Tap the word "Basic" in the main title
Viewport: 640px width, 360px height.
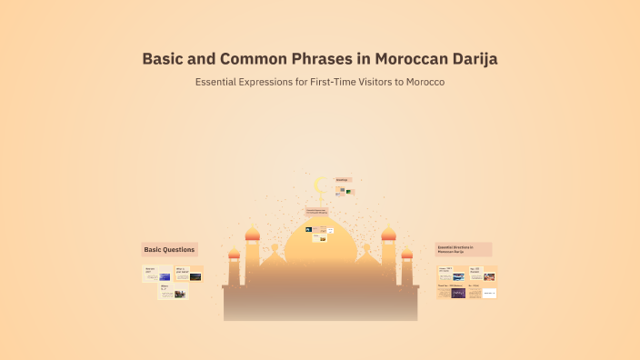164,59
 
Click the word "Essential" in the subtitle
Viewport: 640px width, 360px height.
221,82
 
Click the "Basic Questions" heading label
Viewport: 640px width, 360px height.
169,249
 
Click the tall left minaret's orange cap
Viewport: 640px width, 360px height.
253,234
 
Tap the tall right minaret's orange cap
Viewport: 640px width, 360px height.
388,234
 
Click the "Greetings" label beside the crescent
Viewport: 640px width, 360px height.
343,180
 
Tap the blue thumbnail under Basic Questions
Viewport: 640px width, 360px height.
165,276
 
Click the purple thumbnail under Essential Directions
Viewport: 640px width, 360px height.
458,293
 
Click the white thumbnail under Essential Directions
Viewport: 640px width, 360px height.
489,293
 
